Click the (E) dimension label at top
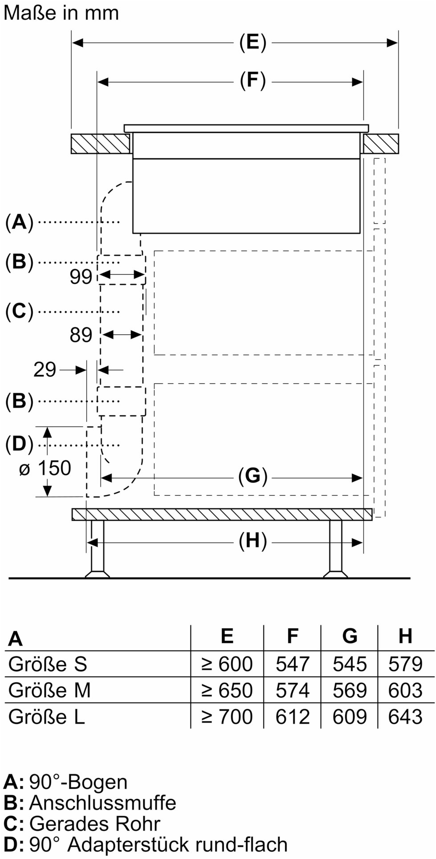click(253, 43)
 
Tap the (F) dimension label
click(253, 81)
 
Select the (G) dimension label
click(253, 477)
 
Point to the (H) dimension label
click(253, 542)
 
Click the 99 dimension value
click(81, 277)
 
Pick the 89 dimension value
click(81, 335)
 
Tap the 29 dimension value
click(45, 369)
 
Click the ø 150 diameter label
click(45, 468)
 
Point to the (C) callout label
click(20, 312)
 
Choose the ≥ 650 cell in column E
click(227, 690)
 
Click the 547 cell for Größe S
click(292, 664)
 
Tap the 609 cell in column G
click(350, 717)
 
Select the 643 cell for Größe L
click(405, 717)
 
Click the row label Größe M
click(49, 690)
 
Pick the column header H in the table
click(405, 636)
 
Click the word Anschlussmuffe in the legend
click(103, 803)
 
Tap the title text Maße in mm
click(61, 12)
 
